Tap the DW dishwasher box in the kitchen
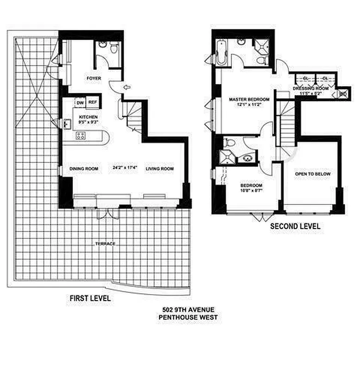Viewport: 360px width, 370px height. pyautogui.click(x=80, y=103)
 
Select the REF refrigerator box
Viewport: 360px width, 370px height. pyautogui.click(x=92, y=103)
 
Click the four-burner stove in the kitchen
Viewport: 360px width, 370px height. pyautogui.click(x=81, y=136)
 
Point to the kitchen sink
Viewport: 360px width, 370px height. pyautogui.click(x=67, y=124)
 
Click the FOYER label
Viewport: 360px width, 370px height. pyautogui.click(x=94, y=79)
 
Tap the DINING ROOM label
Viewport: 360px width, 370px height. pyautogui.click(x=84, y=169)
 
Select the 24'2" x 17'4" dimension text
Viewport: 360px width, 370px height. pyautogui.click(x=125, y=168)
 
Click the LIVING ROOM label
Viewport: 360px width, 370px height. pyautogui.click(x=160, y=169)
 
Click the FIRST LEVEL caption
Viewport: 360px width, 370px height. pyautogui.click(x=90, y=298)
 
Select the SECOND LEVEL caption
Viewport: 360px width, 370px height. pyautogui.click(x=295, y=227)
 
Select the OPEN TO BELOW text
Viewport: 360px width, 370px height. pyautogui.click(x=313, y=174)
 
